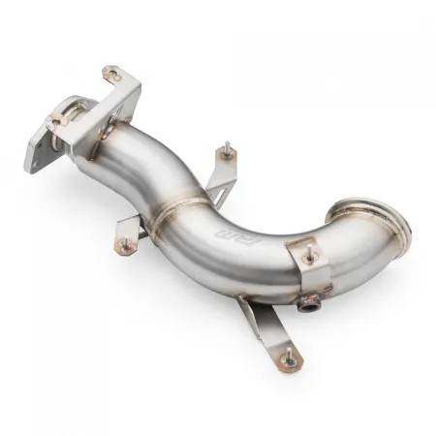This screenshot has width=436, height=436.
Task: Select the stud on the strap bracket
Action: (x=309, y=258)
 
